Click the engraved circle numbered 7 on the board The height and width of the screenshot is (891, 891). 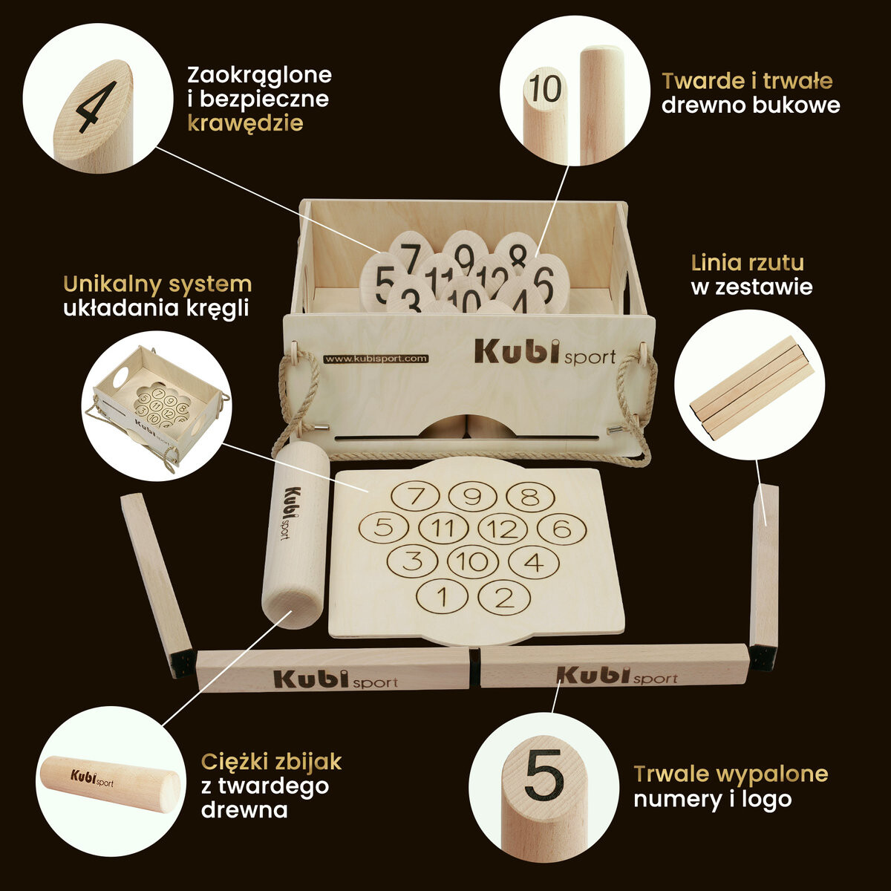click(x=415, y=497)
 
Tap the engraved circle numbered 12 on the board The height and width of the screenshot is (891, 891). click(x=503, y=529)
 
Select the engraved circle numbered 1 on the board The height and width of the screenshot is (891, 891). click(x=443, y=596)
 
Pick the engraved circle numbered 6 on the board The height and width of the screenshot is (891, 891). click(x=562, y=529)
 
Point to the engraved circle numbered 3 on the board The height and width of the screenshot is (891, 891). click(x=412, y=561)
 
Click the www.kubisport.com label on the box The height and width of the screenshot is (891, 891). click(x=376, y=359)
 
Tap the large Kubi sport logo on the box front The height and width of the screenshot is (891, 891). click(x=545, y=353)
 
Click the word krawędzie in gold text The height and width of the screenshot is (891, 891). click(x=246, y=124)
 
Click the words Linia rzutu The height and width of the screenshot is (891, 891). click(x=748, y=263)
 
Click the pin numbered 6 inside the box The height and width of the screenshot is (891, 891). click(x=545, y=280)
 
